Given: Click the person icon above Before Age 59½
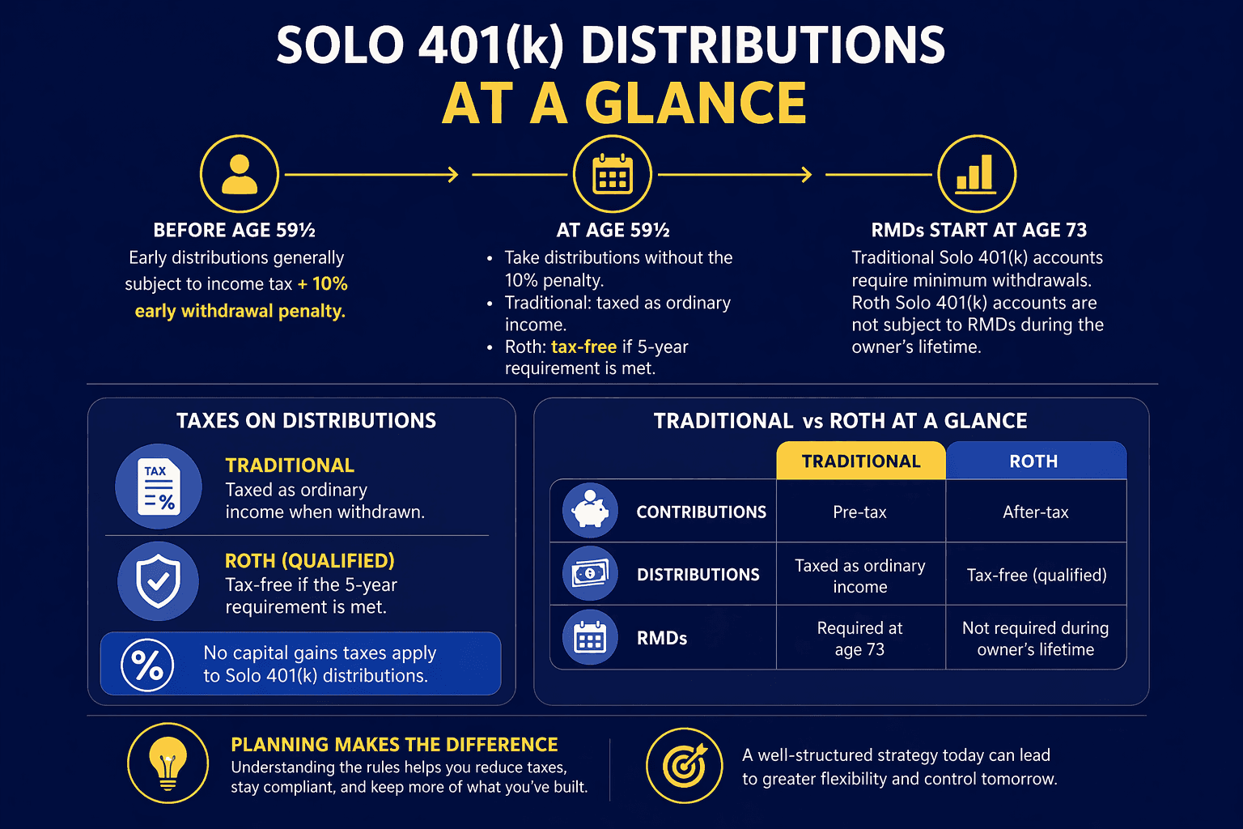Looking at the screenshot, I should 240,174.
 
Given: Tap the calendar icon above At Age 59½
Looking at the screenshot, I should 613,174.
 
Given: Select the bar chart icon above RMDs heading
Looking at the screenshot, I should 976,174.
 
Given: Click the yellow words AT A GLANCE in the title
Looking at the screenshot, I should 624,104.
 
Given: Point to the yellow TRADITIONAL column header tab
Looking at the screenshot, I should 861,461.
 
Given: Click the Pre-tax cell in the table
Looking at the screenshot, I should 860,512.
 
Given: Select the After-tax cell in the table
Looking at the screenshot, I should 1036,512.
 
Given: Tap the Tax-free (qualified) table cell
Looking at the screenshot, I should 1036,575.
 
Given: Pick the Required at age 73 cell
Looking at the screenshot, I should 860,639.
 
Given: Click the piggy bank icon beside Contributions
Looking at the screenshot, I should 590,512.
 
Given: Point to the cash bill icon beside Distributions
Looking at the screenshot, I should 590,574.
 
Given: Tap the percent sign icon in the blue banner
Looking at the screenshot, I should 147,665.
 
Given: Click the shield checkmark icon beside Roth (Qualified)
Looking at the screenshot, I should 158,580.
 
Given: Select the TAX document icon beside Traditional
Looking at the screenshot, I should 159,487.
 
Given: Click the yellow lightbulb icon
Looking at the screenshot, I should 168,763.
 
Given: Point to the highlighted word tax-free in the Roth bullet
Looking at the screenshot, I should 583,346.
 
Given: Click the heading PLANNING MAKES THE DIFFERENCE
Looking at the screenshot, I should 394,745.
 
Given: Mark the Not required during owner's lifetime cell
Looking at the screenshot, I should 1036,639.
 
